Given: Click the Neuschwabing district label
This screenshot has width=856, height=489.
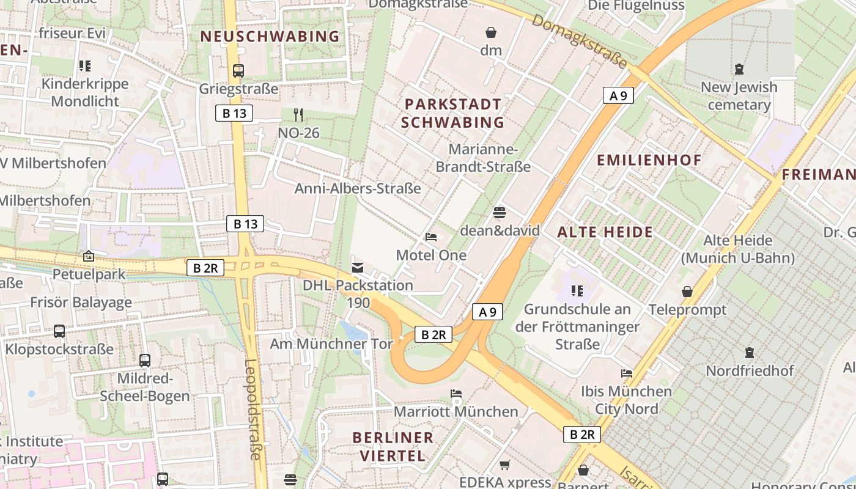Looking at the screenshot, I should coord(270,37).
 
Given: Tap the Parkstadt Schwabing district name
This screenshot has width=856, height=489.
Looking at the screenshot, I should coord(452,113).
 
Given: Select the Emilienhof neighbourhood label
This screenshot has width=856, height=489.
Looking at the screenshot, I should coord(649,160).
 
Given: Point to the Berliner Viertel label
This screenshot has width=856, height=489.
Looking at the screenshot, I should coord(393,446).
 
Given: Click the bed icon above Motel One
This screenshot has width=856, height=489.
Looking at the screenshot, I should coord(431,237).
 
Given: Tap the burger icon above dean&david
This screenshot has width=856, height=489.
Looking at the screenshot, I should coord(500,213).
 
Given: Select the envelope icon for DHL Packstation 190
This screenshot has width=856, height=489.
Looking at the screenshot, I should coord(358,267).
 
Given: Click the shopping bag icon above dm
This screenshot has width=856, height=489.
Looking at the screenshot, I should coord(491,32).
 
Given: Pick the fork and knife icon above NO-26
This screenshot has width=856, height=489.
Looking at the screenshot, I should coord(298,114).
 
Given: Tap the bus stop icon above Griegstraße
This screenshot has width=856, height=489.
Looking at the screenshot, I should coord(238,71).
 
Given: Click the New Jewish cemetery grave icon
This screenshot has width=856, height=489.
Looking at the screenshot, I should coord(739,69).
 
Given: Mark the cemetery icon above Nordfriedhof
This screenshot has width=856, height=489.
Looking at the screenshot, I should coord(750,353).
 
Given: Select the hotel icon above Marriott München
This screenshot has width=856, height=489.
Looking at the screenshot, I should coord(456,394).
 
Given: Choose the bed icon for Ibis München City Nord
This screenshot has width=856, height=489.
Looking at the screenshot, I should coord(627,373).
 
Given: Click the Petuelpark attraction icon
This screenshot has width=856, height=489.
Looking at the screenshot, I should coord(89,256).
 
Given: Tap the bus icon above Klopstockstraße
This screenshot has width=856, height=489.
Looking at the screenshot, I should coord(59,331).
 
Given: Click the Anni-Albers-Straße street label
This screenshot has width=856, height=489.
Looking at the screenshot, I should coord(358,188).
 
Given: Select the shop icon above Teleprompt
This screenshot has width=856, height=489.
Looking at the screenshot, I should coord(687,292).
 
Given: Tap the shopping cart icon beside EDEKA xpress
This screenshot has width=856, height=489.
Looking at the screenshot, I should coord(504,465).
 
